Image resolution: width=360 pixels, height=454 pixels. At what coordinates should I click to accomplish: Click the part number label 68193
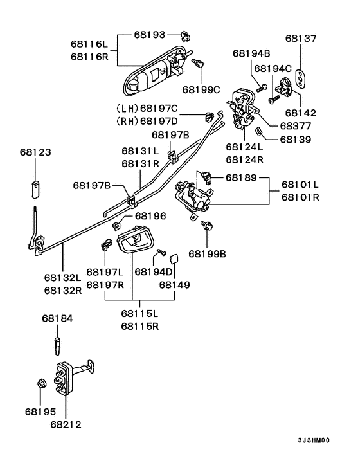click(150, 33)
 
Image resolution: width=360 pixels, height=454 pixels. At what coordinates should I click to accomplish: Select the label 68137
click(302, 39)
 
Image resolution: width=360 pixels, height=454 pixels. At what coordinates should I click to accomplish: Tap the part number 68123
click(35, 152)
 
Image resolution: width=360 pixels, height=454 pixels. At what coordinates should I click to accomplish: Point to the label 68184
click(58, 318)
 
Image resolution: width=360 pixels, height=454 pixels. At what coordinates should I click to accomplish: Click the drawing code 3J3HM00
click(313, 440)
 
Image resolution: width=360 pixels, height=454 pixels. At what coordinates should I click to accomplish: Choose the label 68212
click(66, 424)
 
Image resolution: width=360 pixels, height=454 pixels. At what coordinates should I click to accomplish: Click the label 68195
click(40, 411)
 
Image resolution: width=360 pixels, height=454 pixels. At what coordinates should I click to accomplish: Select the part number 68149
click(175, 284)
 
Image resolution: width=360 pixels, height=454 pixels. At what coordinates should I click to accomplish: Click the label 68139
click(294, 139)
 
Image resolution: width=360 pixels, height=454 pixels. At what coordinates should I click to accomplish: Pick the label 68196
click(150, 217)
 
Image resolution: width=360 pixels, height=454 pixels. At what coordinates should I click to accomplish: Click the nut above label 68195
click(40, 385)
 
